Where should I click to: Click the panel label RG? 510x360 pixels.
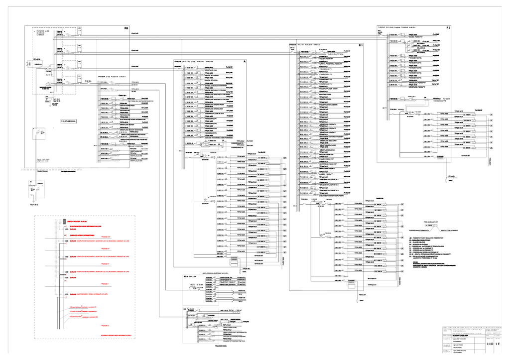pyautogui.click(x=126, y=28)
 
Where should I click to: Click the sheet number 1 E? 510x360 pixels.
pyautogui.click(x=499, y=344)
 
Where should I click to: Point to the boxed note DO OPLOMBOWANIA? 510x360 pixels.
pyautogui.click(x=68, y=121)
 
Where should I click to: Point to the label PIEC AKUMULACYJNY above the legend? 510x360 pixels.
pyautogui.click(x=430, y=222)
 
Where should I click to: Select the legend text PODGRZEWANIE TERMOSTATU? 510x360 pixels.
pyautogui.click(x=418, y=231)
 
